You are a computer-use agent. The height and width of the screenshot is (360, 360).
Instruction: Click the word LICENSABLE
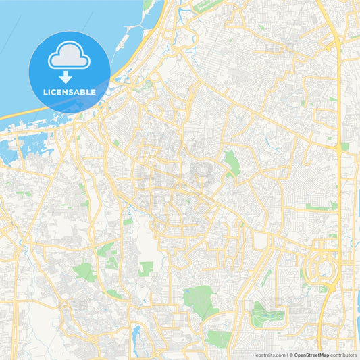pyautogui.click(x=69, y=91)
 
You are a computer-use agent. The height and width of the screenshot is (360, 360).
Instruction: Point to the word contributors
pyautogui.click(x=344, y=355)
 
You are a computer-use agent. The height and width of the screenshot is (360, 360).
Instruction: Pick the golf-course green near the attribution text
pyautogui.click(x=267, y=315)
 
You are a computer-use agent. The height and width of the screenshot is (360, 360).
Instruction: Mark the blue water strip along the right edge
pyautogui.click(x=357, y=297)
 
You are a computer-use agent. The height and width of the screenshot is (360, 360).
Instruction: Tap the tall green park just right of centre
pyautogui.click(x=232, y=162)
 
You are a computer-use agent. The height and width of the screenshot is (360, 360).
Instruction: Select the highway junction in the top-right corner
pyautogui.click(x=336, y=45)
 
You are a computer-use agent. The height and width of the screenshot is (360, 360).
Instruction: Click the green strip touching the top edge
pyautogui.click(x=147, y=5)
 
